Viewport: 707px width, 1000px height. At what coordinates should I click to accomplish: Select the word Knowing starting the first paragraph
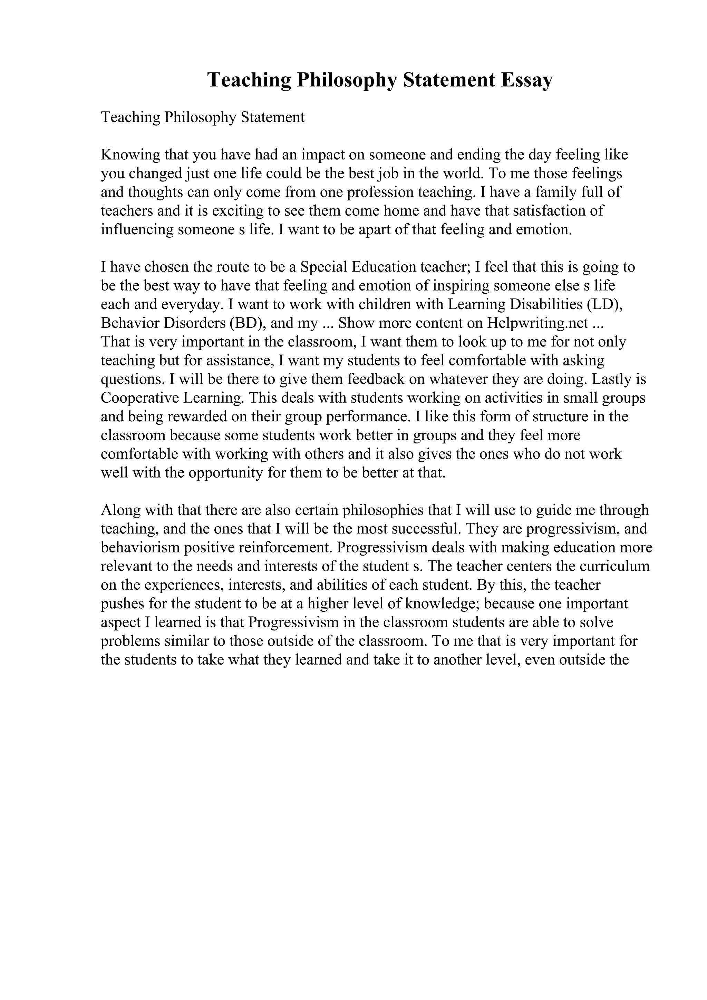130,155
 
